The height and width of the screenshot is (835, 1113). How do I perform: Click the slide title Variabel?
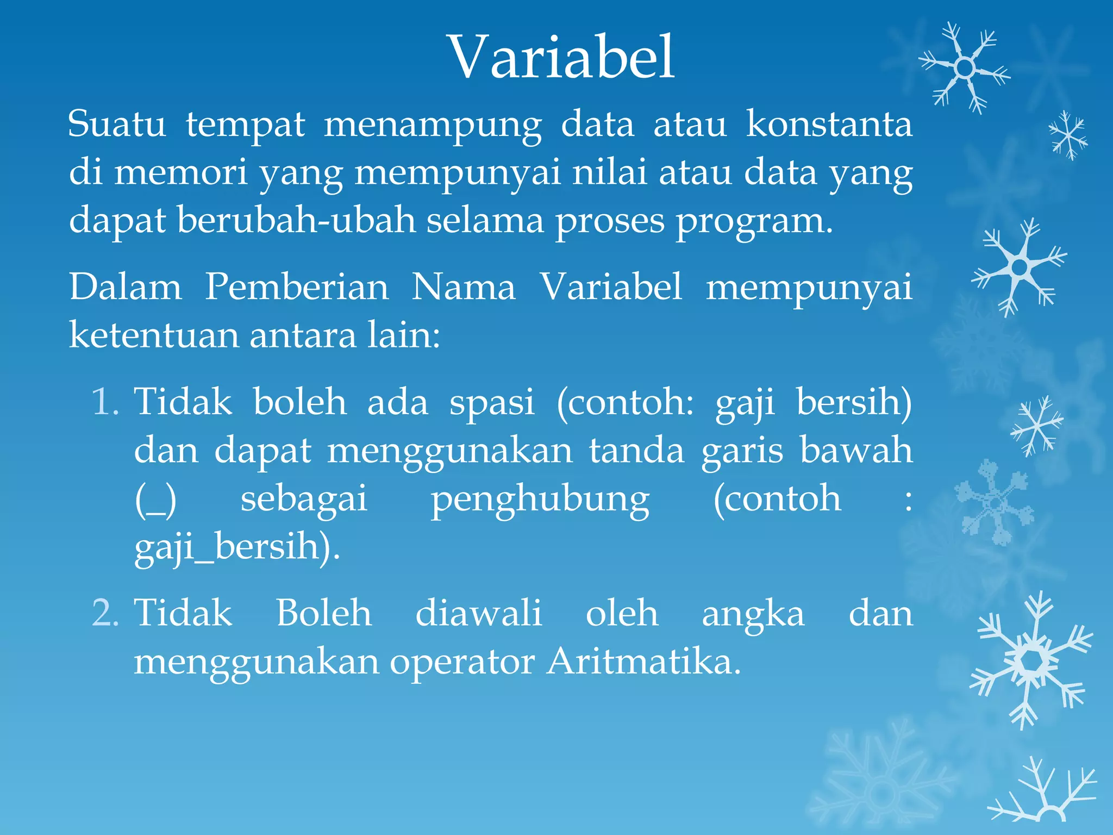561,57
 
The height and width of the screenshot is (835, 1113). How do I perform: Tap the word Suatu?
117,124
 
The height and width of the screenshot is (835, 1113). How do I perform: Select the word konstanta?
829,124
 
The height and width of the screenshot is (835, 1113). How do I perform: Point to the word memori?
180,172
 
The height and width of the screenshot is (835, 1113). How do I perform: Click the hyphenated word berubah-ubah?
296,220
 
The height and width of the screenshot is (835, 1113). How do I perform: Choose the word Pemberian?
297,286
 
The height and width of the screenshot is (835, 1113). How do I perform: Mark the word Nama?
463,286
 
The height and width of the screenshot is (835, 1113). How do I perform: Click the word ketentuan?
153,335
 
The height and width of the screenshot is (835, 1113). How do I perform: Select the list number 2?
105,613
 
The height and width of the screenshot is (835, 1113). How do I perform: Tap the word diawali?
478,613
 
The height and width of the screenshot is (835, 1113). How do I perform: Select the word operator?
462,662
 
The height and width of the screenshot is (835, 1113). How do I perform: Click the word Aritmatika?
643,662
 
